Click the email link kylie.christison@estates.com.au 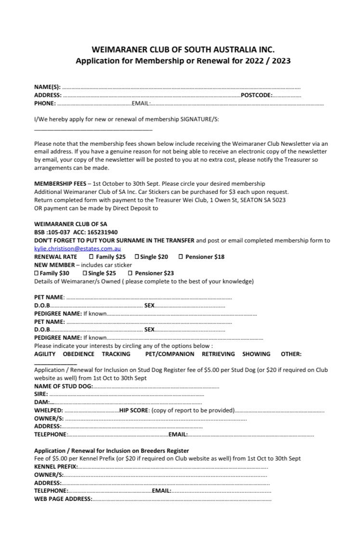(77, 249)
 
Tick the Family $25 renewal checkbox (92, 257)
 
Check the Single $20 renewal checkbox (137, 257)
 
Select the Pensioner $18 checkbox (181, 257)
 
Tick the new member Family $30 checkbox (36, 273)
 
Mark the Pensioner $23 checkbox (130, 273)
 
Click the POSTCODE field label (257, 95)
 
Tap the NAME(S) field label (47, 87)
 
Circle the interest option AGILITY (45, 354)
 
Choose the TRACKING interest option (116, 354)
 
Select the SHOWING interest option (256, 354)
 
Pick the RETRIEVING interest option (218, 354)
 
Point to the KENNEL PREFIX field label (55, 467)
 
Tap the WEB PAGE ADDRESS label (63, 499)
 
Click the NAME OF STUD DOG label (63, 386)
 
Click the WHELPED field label (48, 410)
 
